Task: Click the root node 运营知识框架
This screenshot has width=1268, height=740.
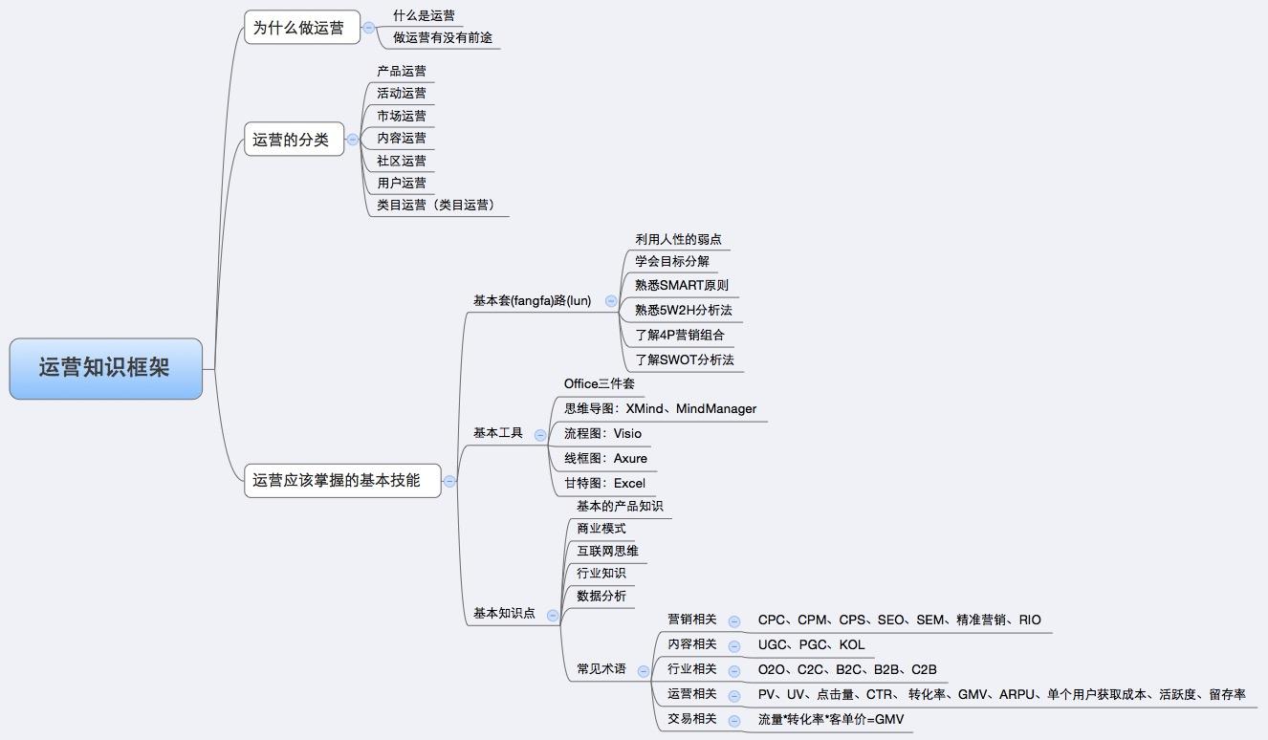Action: coord(106,368)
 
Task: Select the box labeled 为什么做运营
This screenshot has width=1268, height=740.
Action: coord(302,27)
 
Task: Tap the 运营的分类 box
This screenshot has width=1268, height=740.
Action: coord(295,140)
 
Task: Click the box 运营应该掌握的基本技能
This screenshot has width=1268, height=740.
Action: coord(342,481)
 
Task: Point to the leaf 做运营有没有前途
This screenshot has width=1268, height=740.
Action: coord(443,38)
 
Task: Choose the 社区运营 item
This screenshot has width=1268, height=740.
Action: coord(402,161)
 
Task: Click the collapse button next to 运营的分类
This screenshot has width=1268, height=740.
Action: coord(353,140)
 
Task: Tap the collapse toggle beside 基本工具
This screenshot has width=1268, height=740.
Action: coord(540,434)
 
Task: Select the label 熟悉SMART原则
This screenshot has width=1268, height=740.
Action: coord(682,285)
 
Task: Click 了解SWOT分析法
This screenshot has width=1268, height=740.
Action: coord(685,359)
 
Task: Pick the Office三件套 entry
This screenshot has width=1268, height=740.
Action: coord(599,384)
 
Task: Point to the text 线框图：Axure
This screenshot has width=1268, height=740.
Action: coord(605,458)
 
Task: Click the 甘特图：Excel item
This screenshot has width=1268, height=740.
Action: coord(604,483)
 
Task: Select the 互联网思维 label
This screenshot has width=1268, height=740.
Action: coord(607,551)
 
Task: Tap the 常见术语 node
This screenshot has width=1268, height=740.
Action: coord(601,669)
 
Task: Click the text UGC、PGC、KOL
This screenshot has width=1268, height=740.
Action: coord(811,645)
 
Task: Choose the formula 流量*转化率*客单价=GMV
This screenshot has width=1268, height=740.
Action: coord(831,720)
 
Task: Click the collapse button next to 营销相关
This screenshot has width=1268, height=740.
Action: coord(734,621)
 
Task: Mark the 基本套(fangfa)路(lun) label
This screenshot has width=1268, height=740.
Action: coord(532,301)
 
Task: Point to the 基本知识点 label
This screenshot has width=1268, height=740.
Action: coord(504,613)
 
